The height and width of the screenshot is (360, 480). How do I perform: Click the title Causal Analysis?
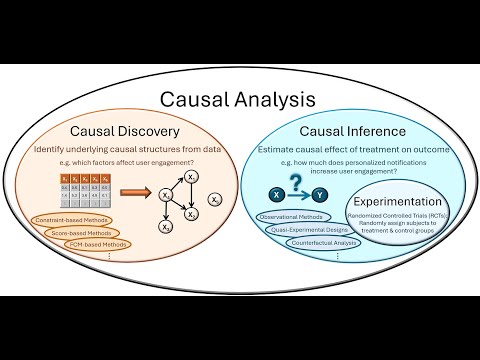click(x=240, y=100)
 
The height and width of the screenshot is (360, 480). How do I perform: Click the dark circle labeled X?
click(x=275, y=194)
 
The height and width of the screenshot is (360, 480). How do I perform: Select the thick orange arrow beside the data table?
click(x=134, y=193)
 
